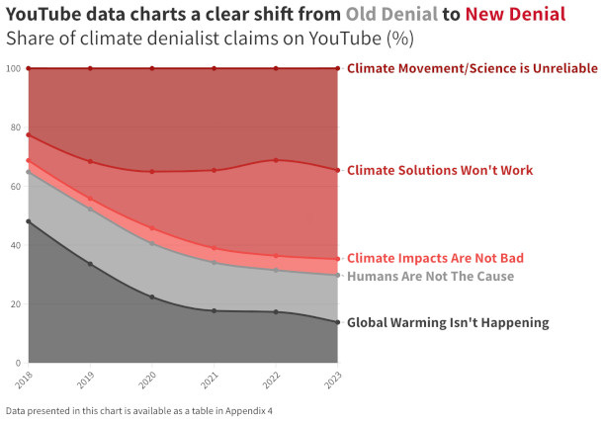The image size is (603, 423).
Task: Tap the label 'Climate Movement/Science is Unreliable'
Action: (472, 68)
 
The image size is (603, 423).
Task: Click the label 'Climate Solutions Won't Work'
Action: (439, 171)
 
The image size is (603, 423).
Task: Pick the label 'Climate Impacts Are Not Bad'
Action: (435, 259)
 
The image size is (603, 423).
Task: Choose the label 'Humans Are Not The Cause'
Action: (430, 277)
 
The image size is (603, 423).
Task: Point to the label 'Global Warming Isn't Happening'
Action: (448, 323)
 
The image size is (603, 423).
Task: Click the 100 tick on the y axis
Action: (12, 68)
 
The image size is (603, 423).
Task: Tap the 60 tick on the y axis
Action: (14, 186)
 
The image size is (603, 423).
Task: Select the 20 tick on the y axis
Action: (14, 304)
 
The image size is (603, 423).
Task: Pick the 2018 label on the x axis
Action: (25, 380)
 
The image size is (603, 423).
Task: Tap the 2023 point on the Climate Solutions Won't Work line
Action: (337, 170)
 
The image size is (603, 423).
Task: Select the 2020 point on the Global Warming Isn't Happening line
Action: (152, 297)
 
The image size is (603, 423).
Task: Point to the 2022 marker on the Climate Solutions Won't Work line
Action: (276, 160)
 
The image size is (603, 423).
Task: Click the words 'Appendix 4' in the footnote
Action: (247, 409)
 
